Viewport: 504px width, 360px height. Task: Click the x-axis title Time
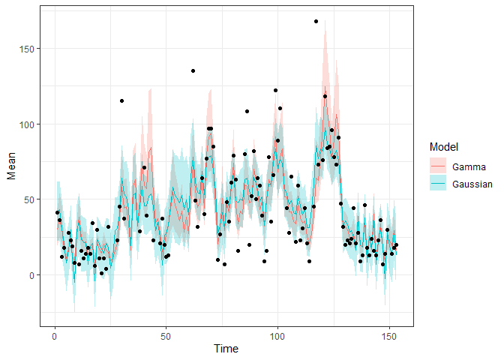tap(226, 349)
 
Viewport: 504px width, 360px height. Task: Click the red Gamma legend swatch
tap(437, 166)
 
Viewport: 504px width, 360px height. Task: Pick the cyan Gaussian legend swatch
tap(437, 184)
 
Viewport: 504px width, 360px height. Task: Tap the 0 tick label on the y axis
tap(31, 275)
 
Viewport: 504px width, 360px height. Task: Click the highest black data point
tap(316, 21)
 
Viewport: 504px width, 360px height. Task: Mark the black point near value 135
tap(193, 71)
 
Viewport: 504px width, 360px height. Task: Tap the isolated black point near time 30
tap(121, 100)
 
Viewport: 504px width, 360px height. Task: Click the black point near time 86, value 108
tap(247, 111)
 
